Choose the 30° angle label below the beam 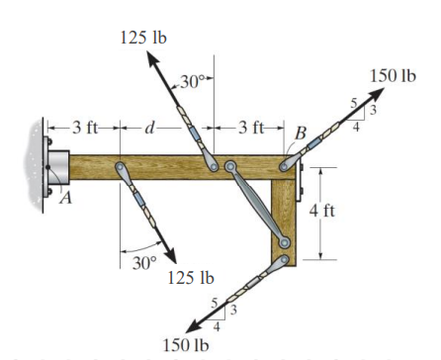tap(144, 263)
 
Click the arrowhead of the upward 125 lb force tap(152, 58)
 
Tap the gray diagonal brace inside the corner tap(257, 204)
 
